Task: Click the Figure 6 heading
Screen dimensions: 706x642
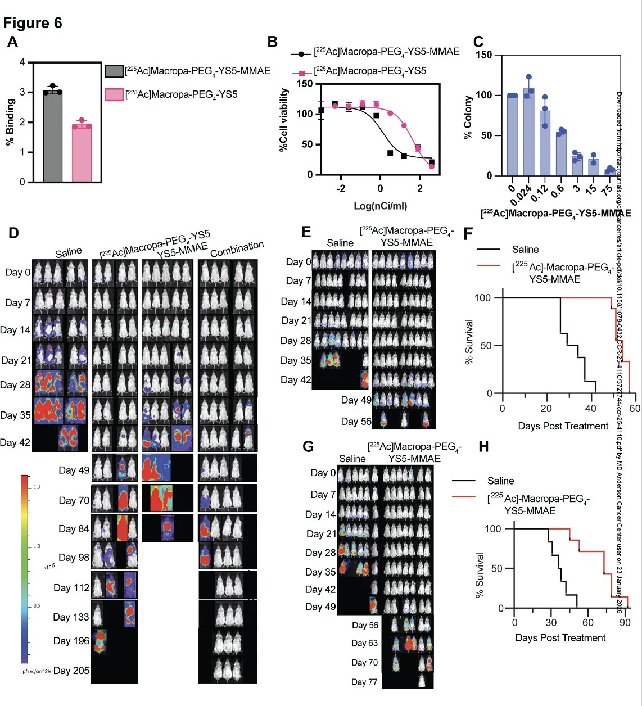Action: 33,23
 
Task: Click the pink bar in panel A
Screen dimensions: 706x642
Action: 82,153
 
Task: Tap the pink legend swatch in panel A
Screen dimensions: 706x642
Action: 114,94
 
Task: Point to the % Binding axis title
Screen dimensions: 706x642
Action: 10,122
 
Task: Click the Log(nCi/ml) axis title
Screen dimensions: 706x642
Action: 380,206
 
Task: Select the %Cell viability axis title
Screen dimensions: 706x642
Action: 284,120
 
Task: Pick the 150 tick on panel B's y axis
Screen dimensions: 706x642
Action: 304,84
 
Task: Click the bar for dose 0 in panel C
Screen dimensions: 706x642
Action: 512,135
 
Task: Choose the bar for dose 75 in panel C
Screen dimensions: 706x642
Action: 610,172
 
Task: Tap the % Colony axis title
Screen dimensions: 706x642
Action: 468,117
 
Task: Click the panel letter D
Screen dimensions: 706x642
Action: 13,233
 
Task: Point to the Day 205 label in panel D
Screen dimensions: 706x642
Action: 71,671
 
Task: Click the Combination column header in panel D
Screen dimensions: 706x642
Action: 237,248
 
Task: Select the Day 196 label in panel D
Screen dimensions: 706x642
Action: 71,641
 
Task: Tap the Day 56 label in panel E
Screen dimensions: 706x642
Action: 356,421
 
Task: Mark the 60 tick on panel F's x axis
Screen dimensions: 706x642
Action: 635,409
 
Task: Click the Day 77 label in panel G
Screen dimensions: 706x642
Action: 364,682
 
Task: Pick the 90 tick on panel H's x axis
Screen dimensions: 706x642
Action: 625,622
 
